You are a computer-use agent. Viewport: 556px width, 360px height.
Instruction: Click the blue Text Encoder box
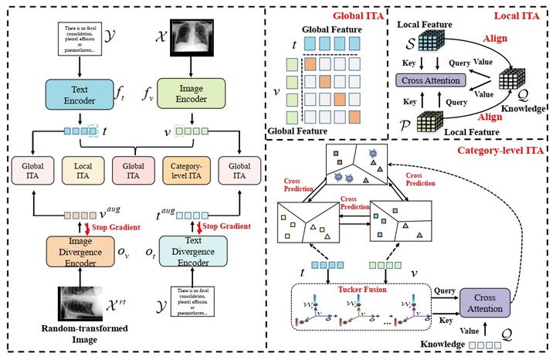click(x=79, y=90)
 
